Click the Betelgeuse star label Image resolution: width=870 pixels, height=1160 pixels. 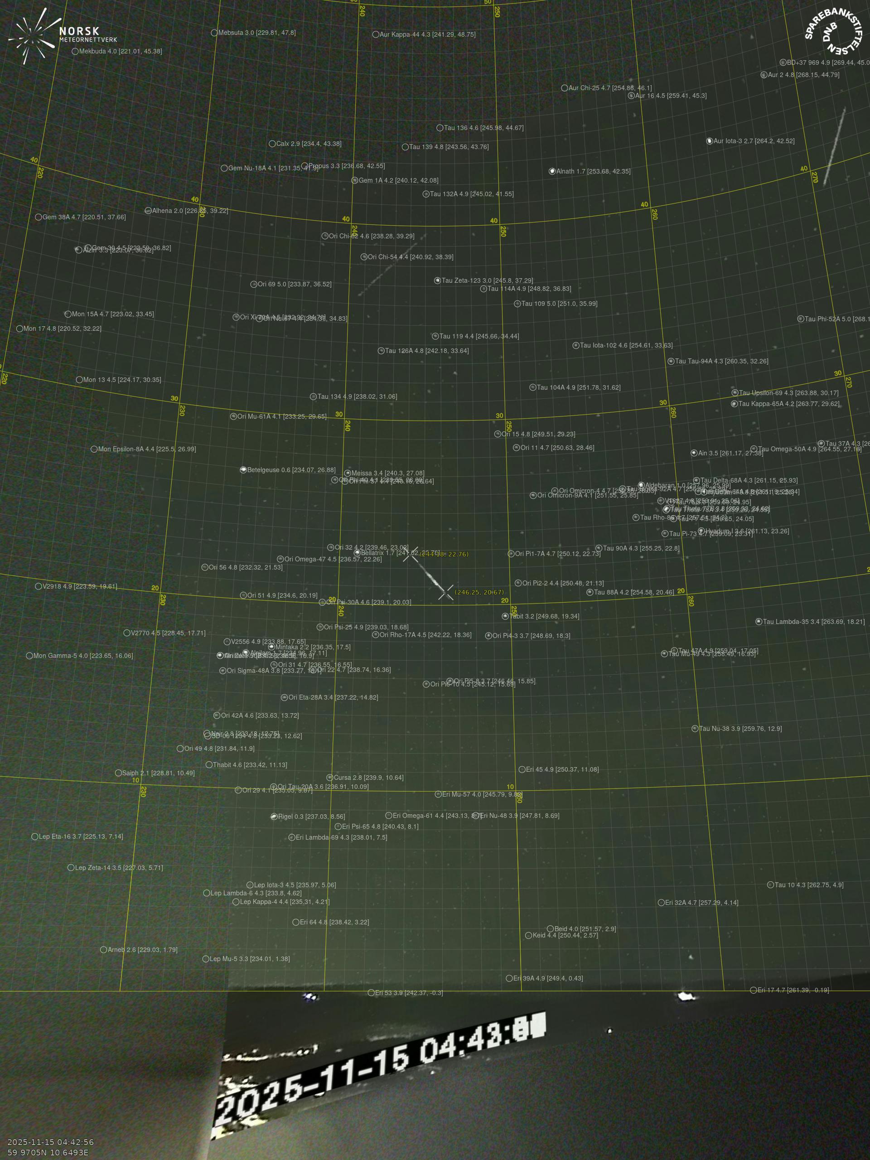(291, 470)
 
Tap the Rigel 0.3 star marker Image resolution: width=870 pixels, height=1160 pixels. (274, 817)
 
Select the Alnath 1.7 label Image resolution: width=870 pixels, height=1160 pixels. (593, 171)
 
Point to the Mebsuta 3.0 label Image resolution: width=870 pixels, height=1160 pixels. (256, 33)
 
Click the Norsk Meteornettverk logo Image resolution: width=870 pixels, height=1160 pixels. (62, 36)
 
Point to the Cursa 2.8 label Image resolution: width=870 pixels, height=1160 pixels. (368, 778)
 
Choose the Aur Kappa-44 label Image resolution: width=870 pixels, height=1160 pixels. (427, 34)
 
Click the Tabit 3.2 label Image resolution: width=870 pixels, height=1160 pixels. (544, 616)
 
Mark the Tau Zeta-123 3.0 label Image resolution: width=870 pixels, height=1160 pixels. (487, 280)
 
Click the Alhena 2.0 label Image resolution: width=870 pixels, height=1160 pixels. (190, 211)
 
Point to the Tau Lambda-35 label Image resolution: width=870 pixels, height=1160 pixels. (813, 622)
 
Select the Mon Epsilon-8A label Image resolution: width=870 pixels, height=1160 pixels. (147, 449)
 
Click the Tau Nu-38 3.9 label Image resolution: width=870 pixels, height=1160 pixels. (740, 729)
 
